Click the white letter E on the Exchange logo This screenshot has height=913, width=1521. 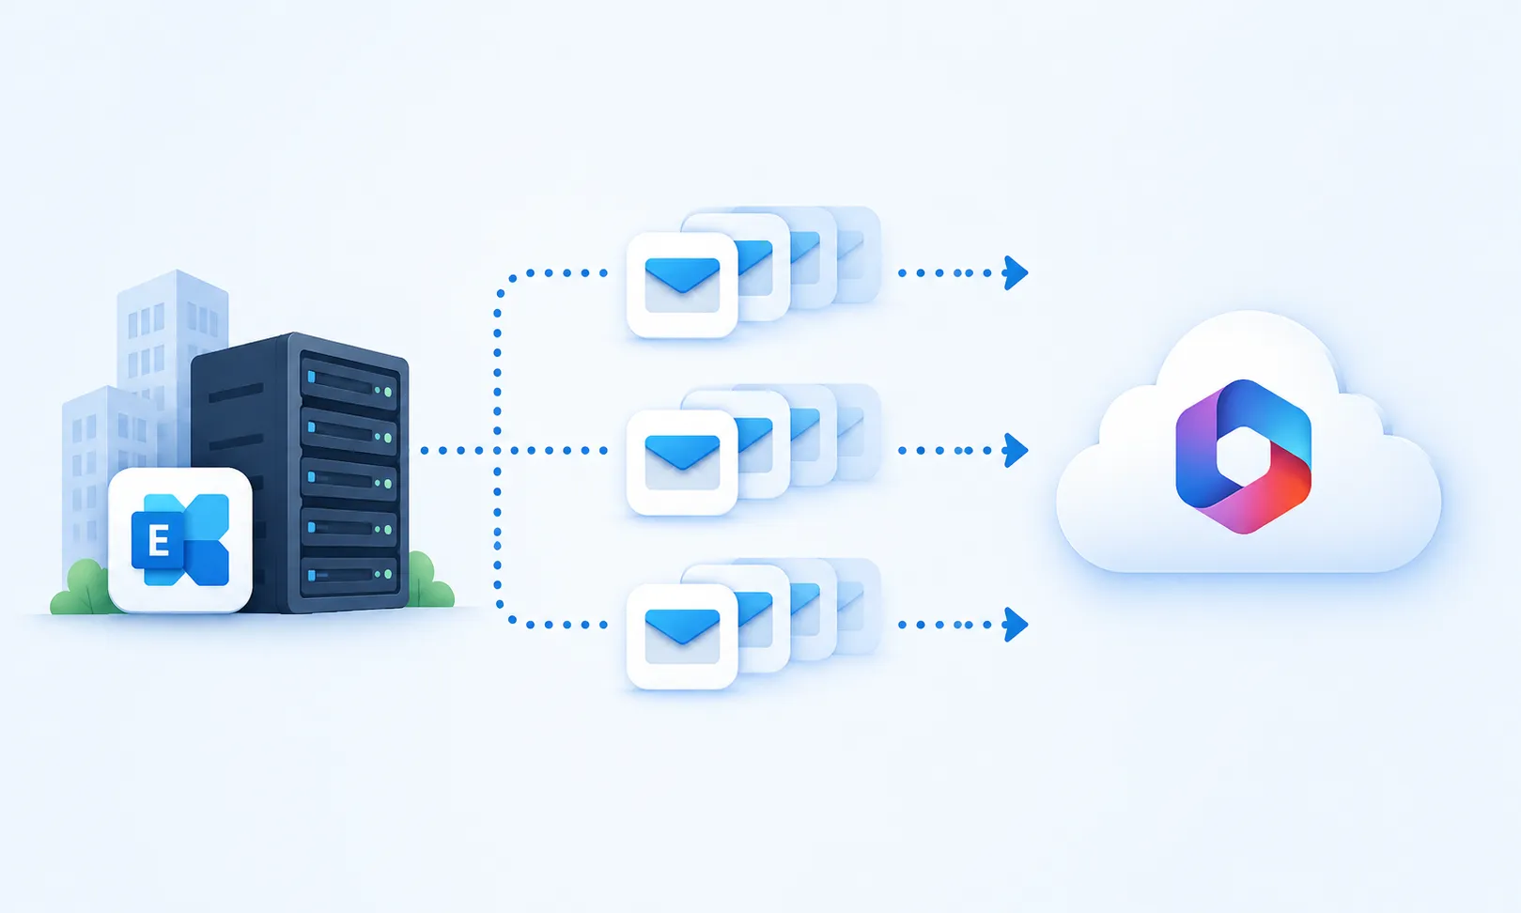click(x=158, y=542)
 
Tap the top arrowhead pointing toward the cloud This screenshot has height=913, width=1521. click(x=1016, y=273)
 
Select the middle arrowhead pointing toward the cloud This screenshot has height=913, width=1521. click(x=1016, y=450)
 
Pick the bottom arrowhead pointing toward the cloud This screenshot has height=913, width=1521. click(x=1016, y=625)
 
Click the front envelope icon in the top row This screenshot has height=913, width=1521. click(x=682, y=286)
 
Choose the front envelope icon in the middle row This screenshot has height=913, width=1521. click(x=682, y=462)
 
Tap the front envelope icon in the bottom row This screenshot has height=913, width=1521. click(x=682, y=637)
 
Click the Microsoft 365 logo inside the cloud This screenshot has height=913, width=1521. click(x=1243, y=456)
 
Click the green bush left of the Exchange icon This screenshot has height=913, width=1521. click(x=82, y=588)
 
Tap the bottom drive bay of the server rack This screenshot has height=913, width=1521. click(x=349, y=574)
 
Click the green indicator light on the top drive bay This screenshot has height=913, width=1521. click(x=388, y=392)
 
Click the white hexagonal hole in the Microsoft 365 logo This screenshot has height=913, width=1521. click(x=1243, y=456)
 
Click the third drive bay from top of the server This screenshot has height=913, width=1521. click(x=349, y=479)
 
